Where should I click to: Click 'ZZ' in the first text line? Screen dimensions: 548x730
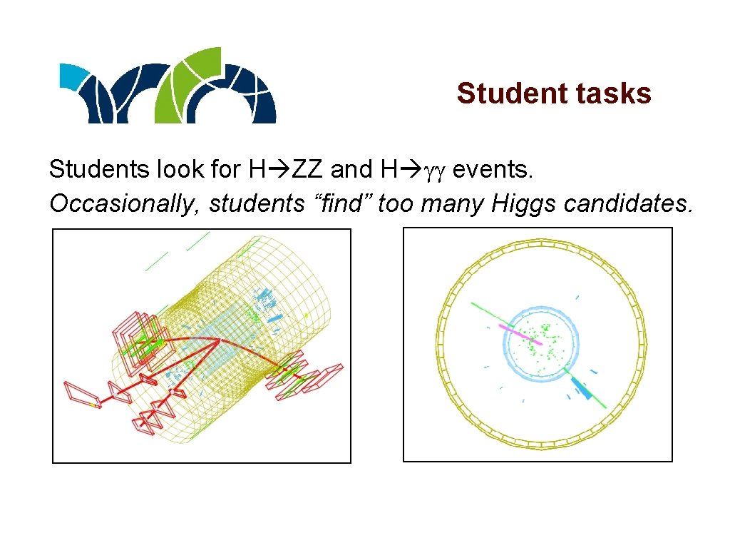click(x=307, y=170)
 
